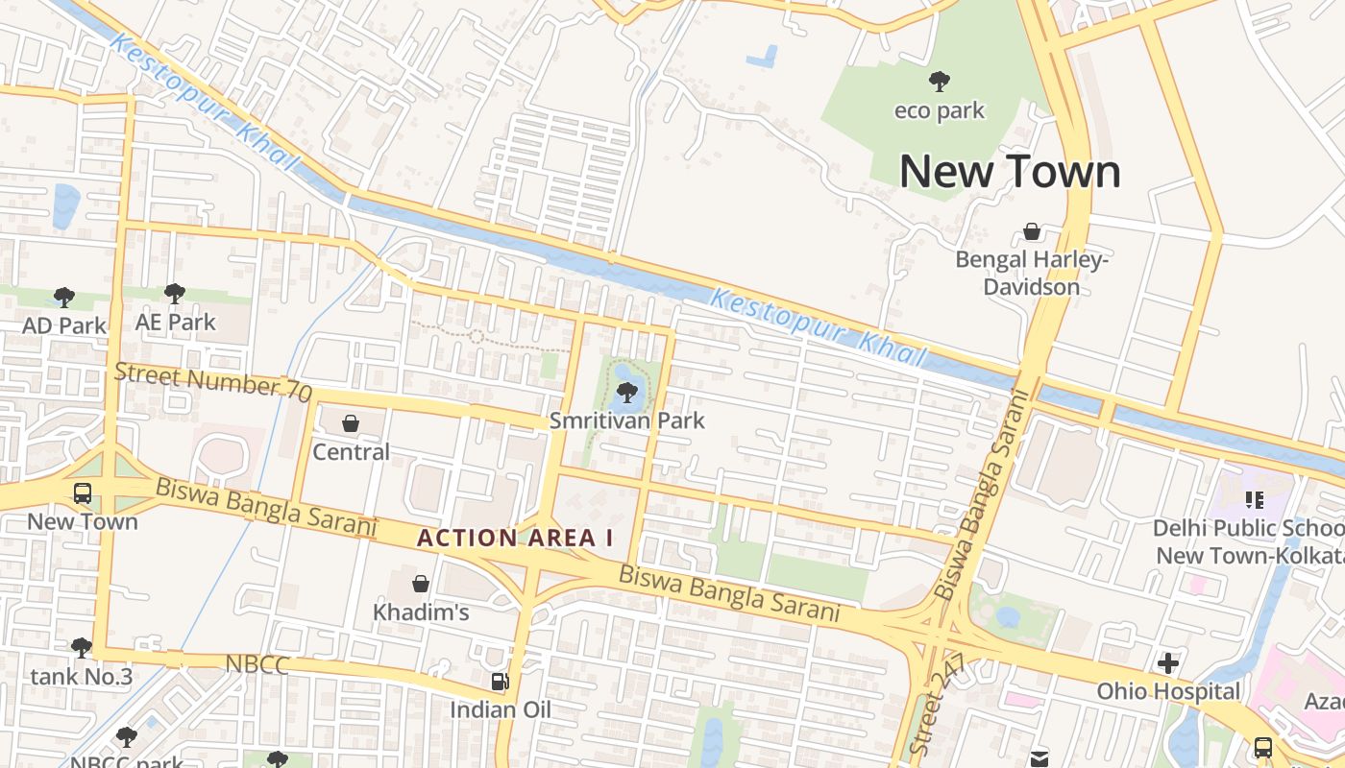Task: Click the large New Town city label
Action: pyautogui.click(x=1010, y=172)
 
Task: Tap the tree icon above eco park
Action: pyautogui.click(x=939, y=82)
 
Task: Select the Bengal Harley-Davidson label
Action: pyautogui.click(x=1032, y=274)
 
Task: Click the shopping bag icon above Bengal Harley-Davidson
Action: pyautogui.click(x=1031, y=231)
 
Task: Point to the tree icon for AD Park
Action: pyautogui.click(x=64, y=297)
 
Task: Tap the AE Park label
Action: pyautogui.click(x=176, y=323)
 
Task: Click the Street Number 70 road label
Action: pyautogui.click(x=213, y=381)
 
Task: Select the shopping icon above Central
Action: pyautogui.click(x=351, y=423)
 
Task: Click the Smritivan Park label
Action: pyautogui.click(x=626, y=420)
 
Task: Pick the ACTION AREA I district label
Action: pyautogui.click(x=515, y=539)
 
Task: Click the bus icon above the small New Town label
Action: pyautogui.click(x=83, y=493)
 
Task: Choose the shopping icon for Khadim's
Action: pyautogui.click(x=420, y=584)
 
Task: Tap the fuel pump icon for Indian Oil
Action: pyautogui.click(x=500, y=682)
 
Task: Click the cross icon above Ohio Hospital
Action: pyautogui.click(x=1168, y=663)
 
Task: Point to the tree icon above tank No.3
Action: pyautogui.click(x=82, y=648)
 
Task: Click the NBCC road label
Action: pyautogui.click(x=257, y=664)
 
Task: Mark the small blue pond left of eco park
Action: pyautogui.click(x=763, y=57)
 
